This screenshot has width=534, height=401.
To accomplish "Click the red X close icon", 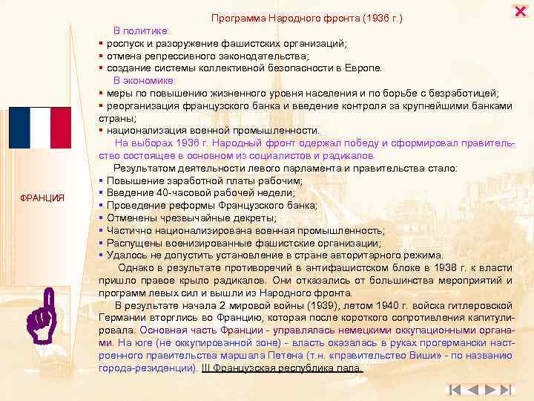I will click(520, 10).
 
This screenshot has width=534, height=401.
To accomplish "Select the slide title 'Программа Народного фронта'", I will click(286, 17).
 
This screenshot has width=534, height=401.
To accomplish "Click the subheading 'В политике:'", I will click(142, 30).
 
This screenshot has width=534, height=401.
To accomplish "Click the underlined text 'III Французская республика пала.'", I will click(283, 368).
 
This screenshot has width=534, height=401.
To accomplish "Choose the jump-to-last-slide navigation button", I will click(506, 389).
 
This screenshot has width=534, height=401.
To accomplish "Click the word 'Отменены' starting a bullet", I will click(129, 218).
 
